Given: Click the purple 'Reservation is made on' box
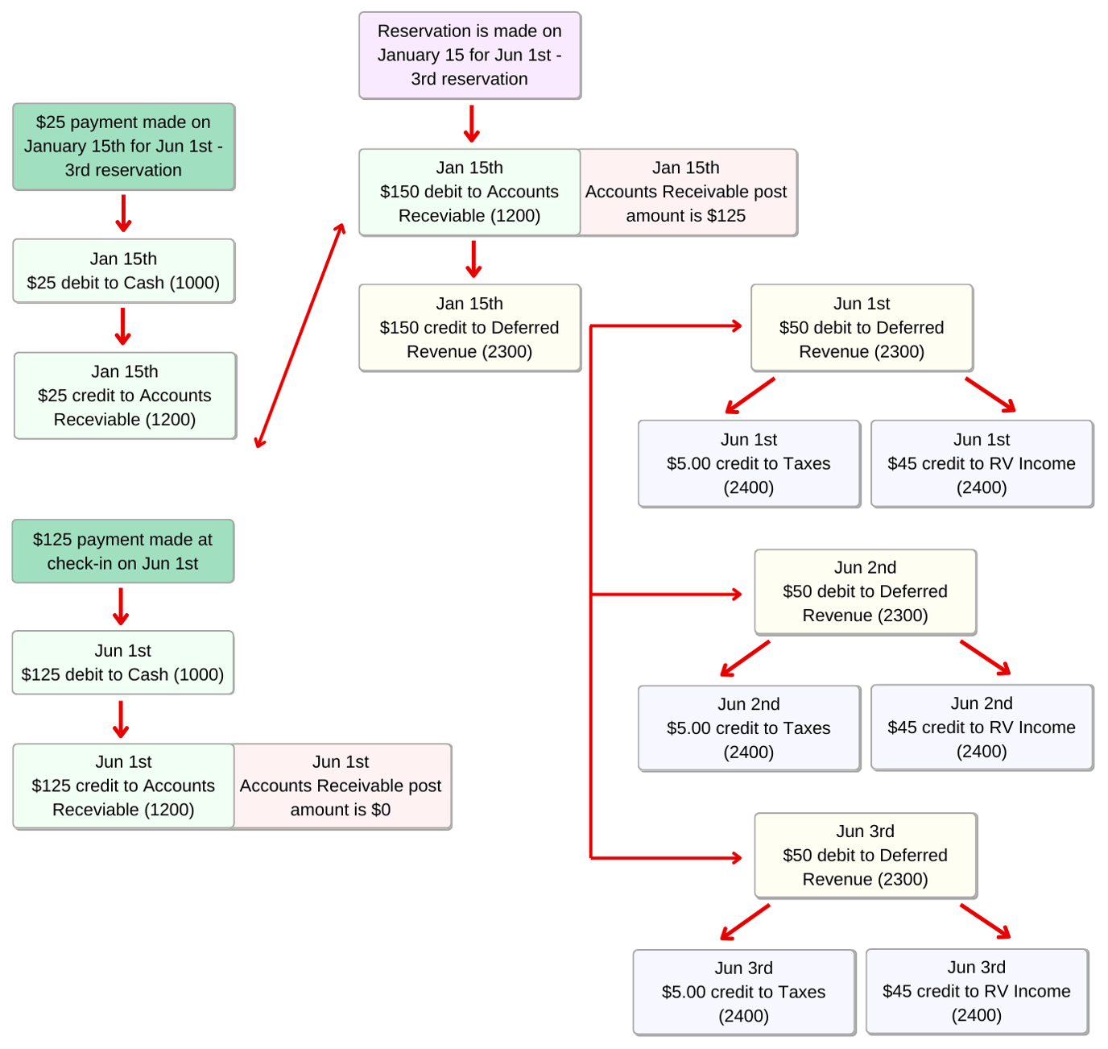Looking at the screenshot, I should (x=469, y=56).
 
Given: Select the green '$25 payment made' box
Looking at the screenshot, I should (x=123, y=147).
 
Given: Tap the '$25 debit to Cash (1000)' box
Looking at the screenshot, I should (x=123, y=271).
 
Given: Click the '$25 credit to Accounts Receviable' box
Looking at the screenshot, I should (x=125, y=396).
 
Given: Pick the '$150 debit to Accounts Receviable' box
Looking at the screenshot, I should (x=469, y=192).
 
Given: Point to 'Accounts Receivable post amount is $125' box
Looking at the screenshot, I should (x=687, y=192).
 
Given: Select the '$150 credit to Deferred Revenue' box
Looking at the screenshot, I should (x=469, y=327).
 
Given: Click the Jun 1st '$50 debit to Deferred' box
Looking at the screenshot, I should (x=862, y=327).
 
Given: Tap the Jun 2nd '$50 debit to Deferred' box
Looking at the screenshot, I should (x=865, y=591).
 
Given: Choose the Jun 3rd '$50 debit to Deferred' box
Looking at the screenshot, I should (x=865, y=855).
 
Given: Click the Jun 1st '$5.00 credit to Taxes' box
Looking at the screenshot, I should (x=749, y=463).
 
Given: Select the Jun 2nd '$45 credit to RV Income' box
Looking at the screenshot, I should (x=982, y=728).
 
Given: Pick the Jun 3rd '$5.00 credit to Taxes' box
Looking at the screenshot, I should (x=743, y=992).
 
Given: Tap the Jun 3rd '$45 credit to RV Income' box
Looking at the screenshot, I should (x=977, y=991).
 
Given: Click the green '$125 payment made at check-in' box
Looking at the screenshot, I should (x=122, y=551).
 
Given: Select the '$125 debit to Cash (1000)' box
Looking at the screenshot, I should (x=122, y=662).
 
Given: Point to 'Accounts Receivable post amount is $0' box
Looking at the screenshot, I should (x=341, y=786).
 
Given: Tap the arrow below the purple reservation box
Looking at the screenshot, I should (x=472, y=123).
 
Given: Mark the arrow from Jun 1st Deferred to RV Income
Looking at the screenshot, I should (x=990, y=395).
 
